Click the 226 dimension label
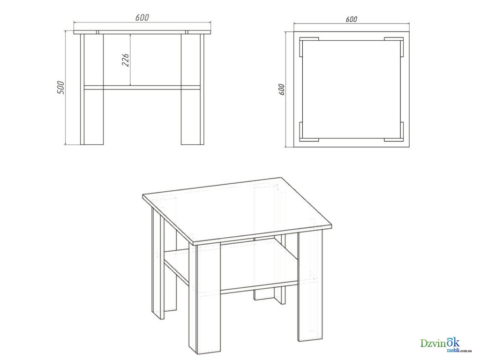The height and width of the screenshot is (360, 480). point(126,60)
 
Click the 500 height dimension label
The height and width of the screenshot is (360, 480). point(61,88)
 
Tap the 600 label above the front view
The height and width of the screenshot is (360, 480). point(142,18)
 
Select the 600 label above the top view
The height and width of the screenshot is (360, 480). point(352,19)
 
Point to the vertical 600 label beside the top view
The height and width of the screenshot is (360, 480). point(282,90)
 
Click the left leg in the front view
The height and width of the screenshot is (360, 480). point(92,89)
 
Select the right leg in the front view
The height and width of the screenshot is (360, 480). point(192,89)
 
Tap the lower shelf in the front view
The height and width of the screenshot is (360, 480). point(142,88)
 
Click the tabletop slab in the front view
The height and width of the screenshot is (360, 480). point(142,32)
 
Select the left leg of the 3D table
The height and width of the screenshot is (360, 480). point(158,263)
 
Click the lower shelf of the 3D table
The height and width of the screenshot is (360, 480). point(232,266)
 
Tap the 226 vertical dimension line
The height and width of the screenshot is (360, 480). point(131,60)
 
